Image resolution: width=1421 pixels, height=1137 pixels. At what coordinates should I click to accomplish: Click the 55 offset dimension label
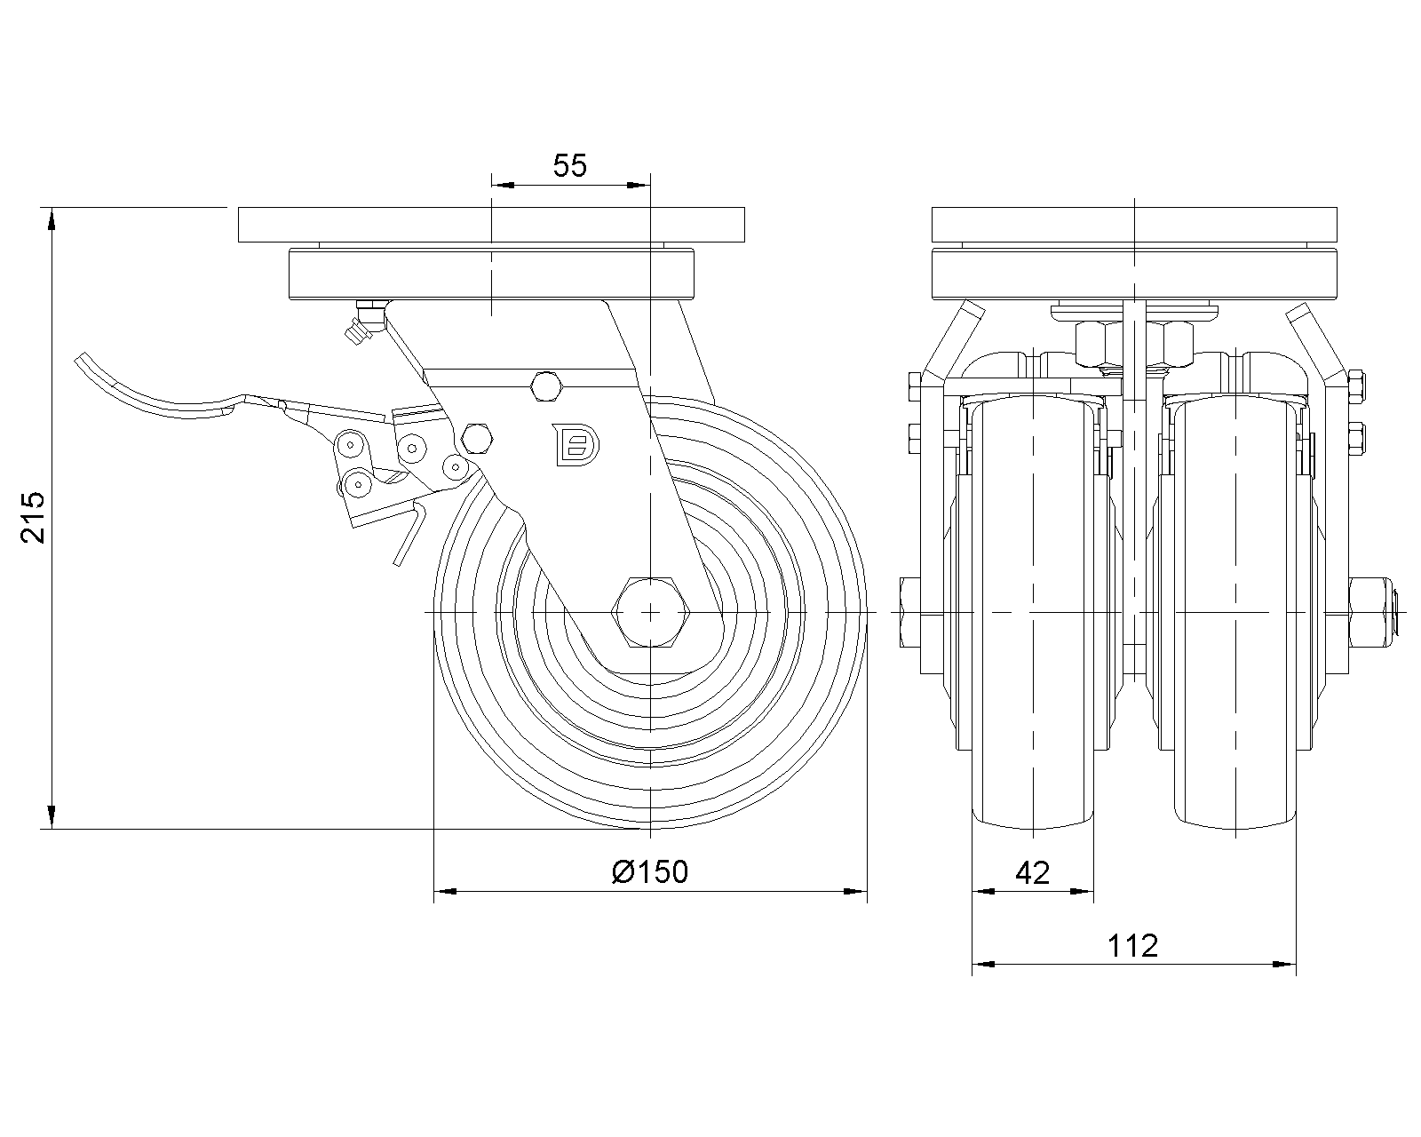(x=570, y=165)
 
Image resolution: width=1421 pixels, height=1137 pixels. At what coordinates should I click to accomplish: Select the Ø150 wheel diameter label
(x=650, y=872)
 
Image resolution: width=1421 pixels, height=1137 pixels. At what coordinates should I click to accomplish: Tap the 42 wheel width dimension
(x=1032, y=873)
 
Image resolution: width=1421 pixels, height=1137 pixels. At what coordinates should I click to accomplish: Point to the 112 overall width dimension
(x=1133, y=946)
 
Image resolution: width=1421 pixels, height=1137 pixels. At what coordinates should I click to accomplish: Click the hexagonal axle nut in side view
(x=651, y=612)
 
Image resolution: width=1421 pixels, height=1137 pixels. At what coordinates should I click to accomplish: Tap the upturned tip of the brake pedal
(x=85, y=365)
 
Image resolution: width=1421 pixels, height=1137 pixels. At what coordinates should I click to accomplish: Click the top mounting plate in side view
(x=490, y=224)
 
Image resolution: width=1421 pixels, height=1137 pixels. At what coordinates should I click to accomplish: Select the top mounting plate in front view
(x=1135, y=224)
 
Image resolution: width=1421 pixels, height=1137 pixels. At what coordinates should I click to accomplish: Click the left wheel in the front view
(x=1034, y=613)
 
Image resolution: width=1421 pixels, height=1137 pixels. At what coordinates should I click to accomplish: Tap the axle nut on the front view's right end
(x=1372, y=612)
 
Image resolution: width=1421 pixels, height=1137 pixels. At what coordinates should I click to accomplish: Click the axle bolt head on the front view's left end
(x=910, y=612)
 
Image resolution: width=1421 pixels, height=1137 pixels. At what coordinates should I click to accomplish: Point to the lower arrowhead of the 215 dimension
(x=52, y=818)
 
